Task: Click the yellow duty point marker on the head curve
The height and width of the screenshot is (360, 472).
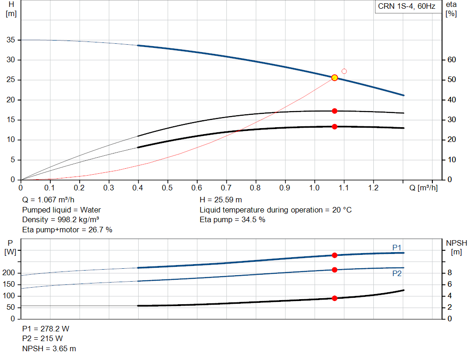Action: coord(335,78)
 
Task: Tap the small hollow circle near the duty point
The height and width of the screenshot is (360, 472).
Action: coord(344,71)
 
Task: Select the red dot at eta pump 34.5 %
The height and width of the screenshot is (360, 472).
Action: coord(335,111)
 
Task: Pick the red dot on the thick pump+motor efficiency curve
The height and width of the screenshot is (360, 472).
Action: coord(335,126)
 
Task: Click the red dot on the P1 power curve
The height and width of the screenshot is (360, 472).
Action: coord(335,255)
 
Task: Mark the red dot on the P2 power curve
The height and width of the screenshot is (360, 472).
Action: coord(335,270)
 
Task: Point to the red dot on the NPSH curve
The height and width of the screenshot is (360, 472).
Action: coord(335,298)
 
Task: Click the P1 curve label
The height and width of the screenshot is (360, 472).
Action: coord(397,248)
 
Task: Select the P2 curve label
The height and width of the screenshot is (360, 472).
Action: coord(397,273)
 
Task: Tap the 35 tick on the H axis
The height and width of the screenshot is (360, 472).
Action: coord(10,40)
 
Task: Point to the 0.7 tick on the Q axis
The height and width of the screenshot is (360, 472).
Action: coord(226,188)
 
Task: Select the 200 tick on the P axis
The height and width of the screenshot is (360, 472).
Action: coord(9,273)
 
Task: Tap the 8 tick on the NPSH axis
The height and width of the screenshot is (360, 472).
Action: coord(449,273)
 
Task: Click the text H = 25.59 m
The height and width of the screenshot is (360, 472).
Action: coord(221,200)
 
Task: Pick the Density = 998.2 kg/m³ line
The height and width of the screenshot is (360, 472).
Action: coord(61,219)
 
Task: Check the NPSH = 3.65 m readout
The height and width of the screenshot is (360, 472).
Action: coord(49,348)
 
